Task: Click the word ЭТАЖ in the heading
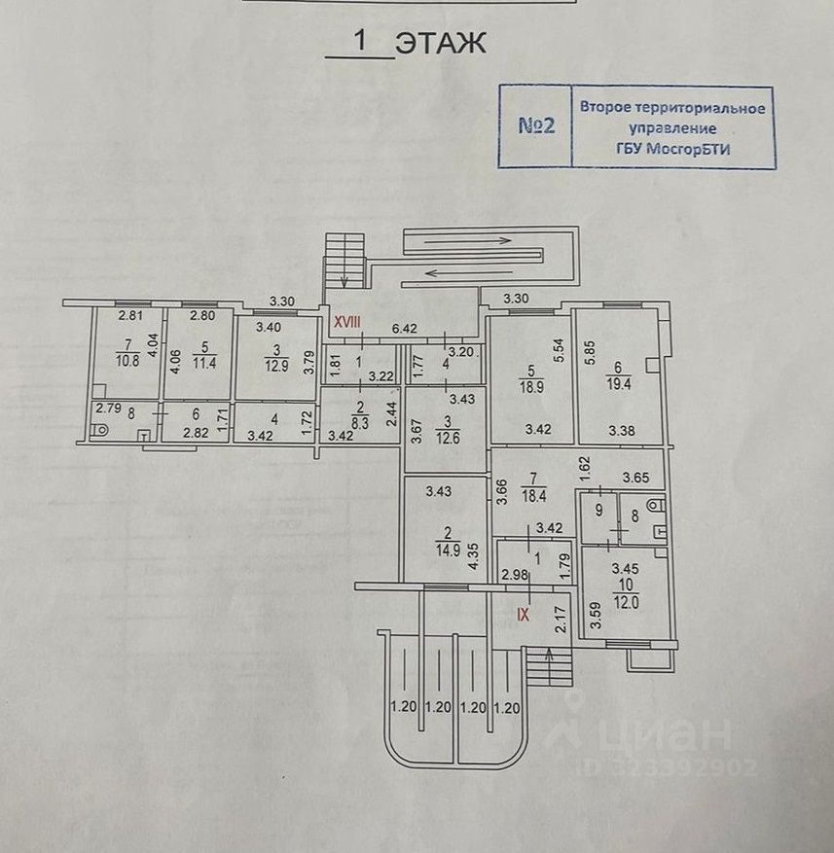(x=441, y=44)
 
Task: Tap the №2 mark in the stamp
(x=535, y=126)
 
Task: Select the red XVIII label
(x=347, y=321)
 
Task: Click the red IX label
(x=524, y=614)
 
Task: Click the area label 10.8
(x=127, y=360)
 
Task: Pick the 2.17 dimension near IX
(x=560, y=619)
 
